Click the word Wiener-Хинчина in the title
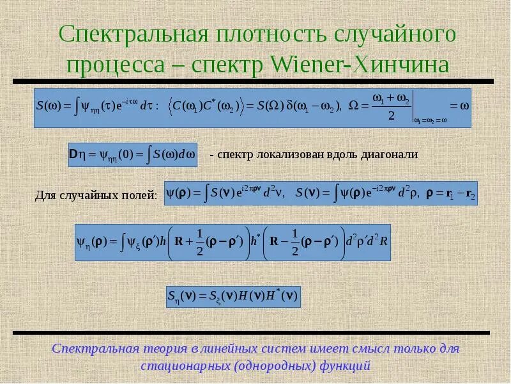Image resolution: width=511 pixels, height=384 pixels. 361,65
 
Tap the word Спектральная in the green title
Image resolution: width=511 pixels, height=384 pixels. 129,33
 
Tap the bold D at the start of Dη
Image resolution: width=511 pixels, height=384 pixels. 73,154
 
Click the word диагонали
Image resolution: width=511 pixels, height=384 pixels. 389,154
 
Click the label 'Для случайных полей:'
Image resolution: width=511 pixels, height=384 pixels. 96,195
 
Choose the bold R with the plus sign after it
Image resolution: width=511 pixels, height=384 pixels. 179,241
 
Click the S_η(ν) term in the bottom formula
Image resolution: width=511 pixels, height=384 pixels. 181,296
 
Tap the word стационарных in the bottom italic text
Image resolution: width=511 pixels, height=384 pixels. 185,367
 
